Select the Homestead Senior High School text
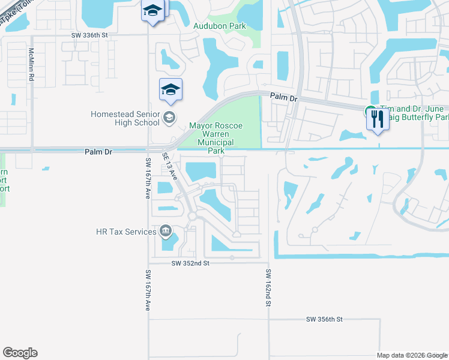point(125,118)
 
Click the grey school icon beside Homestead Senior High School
point(170,118)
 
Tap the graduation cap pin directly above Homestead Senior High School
point(170,91)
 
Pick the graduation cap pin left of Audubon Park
point(152,11)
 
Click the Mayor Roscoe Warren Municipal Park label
point(215,139)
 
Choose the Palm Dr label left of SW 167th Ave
point(98,152)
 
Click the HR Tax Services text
point(125,231)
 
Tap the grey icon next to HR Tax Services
point(166,231)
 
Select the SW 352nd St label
point(190,263)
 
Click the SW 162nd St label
point(268,289)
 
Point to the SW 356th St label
point(324,320)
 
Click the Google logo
point(20,353)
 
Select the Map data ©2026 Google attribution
point(411,355)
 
